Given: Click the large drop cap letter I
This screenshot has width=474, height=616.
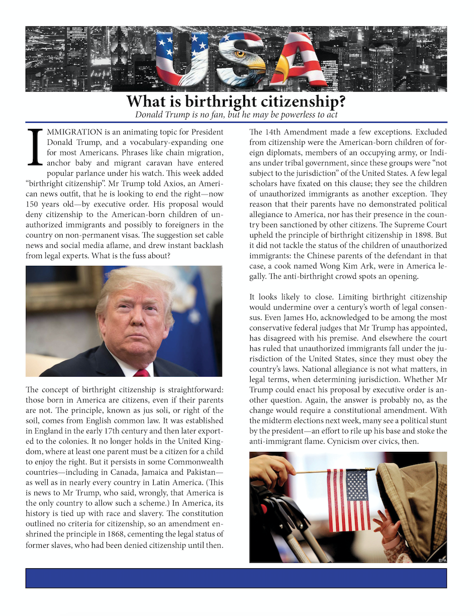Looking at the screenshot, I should tap(35, 147).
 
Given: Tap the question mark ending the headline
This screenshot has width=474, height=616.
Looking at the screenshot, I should tap(341, 102).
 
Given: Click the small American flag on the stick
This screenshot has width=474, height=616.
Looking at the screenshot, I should tap(349, 500).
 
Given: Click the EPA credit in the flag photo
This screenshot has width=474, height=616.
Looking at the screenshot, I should tap(442, 560).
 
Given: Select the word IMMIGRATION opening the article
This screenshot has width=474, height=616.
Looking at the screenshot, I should tap(75, 132).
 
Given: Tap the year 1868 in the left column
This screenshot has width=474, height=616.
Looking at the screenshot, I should tap(117, 534).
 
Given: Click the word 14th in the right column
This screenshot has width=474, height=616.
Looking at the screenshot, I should tap(273, 132).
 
